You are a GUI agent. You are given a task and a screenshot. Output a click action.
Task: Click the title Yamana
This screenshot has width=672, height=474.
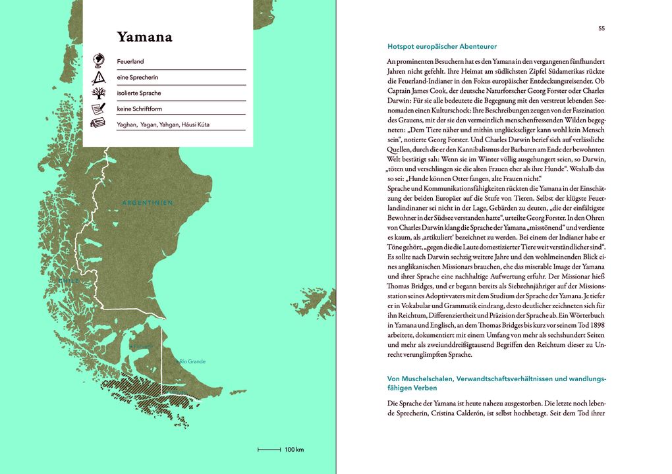click(x=144, y=37)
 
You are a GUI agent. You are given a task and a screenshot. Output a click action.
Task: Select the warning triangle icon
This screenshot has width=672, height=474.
click(x=98, y=77)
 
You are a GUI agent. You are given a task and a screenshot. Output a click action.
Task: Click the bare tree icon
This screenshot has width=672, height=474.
click(x=98, y=93)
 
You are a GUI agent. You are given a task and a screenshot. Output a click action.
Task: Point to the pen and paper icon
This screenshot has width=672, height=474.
click(x=98, y=109)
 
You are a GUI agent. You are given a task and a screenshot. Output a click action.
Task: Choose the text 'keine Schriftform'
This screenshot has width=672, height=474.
click(x=139, y=109)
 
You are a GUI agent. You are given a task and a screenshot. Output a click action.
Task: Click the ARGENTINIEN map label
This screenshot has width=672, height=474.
click(x=148, y=203)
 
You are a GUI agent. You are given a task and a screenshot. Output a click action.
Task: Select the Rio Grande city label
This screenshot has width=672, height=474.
click(x=192, y=361)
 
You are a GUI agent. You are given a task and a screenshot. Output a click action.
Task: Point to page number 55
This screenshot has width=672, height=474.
click(x=602, y=28)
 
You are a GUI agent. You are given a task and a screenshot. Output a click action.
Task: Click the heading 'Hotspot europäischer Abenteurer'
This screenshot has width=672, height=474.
click(x=442, y=47)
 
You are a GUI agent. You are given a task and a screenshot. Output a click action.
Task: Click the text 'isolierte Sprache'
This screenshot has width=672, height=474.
click(x=139, y=93)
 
